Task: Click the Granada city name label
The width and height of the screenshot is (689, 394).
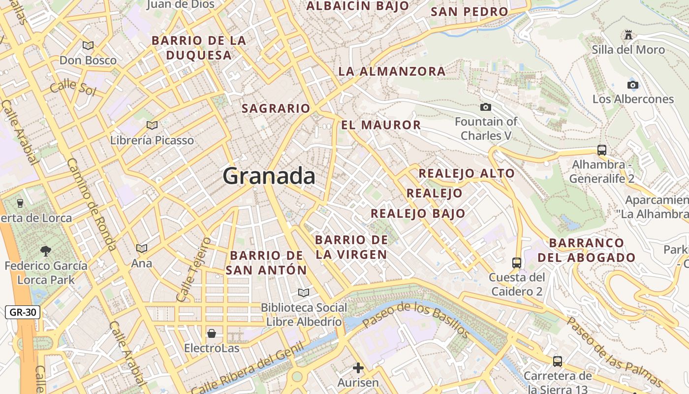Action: click(x=269, y=176)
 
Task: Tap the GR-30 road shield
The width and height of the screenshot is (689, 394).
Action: click(x=22, y=312)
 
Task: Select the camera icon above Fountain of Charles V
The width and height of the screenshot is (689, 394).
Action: click(x=485, y=107)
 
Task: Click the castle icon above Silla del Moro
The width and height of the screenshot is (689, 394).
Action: click(x=628, y=35)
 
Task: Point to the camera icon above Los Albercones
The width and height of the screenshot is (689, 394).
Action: click(x=633, y=85)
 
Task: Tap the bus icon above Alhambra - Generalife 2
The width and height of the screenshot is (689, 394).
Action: click(x=601, y=150)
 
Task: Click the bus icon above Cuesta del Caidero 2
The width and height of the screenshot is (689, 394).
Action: click(x=516, y=263)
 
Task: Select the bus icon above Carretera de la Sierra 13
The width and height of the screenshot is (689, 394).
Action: click(x=557, y=361)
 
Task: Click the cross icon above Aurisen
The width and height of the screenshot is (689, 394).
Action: click(x=358, y=368)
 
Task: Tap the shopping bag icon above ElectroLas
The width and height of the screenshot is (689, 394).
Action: click(x=212, y=333)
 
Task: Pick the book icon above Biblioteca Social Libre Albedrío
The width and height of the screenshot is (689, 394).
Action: click(x=304, y=293)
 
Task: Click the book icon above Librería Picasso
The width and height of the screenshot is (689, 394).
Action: click(x=152, y=125)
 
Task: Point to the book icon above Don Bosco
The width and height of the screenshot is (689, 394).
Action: click(x=88, y=45)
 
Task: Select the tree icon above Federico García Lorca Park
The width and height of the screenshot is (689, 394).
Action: click(x=46, y=251)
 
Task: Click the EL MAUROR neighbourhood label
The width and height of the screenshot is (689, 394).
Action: click(x=381, y=125)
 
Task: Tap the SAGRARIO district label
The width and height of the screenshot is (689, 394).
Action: click(x=276, y=108)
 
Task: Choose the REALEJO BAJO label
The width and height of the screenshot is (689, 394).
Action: click(x=417, y=213)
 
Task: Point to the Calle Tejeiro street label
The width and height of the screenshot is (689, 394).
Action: click(x=193, y=269)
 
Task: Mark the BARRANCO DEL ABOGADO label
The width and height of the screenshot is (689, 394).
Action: click(x=586, y=250)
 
